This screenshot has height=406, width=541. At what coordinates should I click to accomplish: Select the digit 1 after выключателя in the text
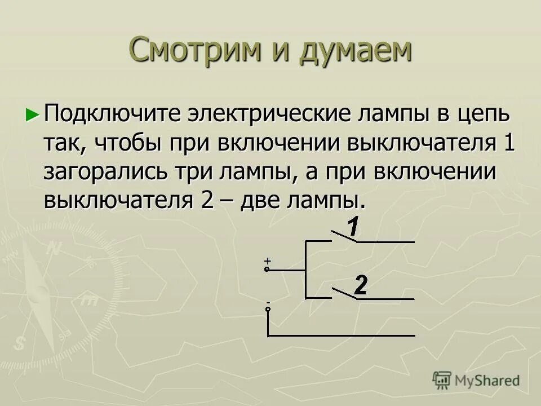508,143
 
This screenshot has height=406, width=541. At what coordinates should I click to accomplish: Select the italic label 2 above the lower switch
361,286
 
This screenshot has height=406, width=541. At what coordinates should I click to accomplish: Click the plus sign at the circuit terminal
267,261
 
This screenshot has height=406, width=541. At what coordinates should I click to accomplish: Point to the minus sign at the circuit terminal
268,303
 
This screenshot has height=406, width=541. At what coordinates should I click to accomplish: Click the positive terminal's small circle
267,270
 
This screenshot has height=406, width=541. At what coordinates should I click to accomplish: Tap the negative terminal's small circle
268,309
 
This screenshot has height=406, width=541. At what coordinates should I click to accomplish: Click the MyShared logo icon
442,379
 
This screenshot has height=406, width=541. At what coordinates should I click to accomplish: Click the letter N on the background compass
55,248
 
